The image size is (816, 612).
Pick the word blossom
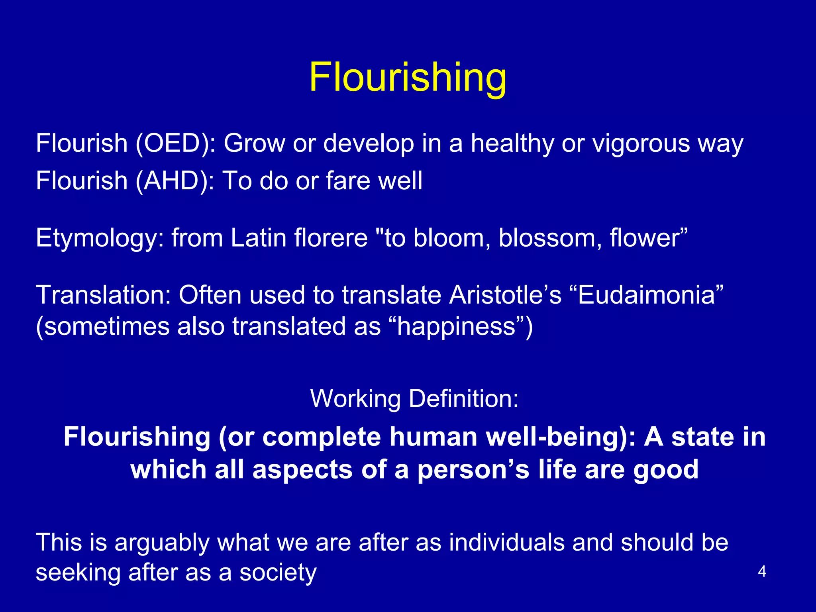(x=550, y=238)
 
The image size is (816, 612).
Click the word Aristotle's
(x=505, y=295)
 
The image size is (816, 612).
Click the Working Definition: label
(x=414, y=398)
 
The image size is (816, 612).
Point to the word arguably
(x=161, y=543)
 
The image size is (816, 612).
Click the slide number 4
(x=762, y=572)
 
